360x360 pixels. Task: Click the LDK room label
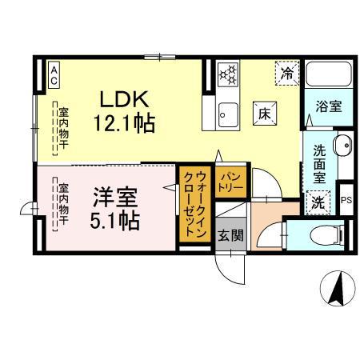pyautogui.click(x=122, y=100)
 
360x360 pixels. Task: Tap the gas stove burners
pyautogui.click(x=229, y=74)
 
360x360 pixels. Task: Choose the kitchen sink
pyautogui.click(x=228, y=114)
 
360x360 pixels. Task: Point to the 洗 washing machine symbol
pyautogui.click(x=318, y=202)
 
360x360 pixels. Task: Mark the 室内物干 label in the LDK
pyautogui.click(x=62, y=128)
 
